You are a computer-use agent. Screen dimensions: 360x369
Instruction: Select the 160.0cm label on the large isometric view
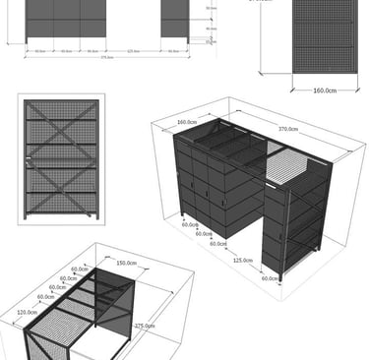pyautogui.click(x=188, y=122)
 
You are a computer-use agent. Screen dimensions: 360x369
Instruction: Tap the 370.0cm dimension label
pyautogui.click(x=288, y=128)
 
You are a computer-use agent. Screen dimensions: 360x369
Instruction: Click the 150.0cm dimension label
pyautogui.click(x=126, y=264)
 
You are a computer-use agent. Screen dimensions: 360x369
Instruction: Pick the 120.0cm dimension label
pyautogui.click(x=27, y=313)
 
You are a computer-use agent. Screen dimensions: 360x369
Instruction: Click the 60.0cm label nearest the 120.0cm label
pyautogui.click(x=44, y=297)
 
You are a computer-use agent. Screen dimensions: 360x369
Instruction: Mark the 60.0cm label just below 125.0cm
pyautogui.click(x=270, y=278)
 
